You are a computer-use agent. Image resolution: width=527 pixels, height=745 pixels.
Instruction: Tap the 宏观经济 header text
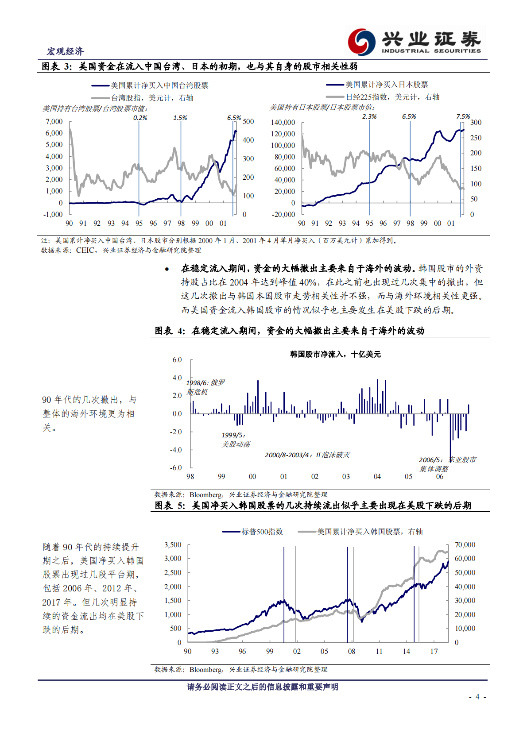(65, 51)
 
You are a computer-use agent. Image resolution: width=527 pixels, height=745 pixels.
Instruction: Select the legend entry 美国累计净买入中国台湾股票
(159, 85)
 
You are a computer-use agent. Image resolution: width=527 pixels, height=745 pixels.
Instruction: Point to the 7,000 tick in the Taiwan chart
(54, 121)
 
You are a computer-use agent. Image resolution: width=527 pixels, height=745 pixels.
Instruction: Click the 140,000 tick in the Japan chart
(283, 122)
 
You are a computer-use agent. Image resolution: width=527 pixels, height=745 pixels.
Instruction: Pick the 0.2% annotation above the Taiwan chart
(140, 118)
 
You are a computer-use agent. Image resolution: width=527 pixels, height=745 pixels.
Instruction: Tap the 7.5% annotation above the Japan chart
(463, 116)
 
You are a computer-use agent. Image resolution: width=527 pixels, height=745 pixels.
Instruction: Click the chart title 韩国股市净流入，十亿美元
(335, 354)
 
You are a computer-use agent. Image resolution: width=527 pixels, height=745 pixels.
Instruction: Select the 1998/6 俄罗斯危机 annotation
(205, 387)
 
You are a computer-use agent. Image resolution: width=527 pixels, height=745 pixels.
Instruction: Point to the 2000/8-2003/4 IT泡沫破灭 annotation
(307, 455)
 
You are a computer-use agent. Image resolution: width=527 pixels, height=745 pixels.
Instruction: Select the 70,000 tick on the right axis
(465, 544)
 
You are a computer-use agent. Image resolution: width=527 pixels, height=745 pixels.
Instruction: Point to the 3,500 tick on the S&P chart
(173, 544)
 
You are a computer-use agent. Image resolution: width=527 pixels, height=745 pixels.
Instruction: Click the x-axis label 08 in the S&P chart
(352, 651)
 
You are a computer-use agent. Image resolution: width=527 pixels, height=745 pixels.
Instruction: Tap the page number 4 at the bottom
(477, 697)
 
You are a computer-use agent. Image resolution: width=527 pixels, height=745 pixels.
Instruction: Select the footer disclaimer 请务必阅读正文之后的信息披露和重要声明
(262, 687)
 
